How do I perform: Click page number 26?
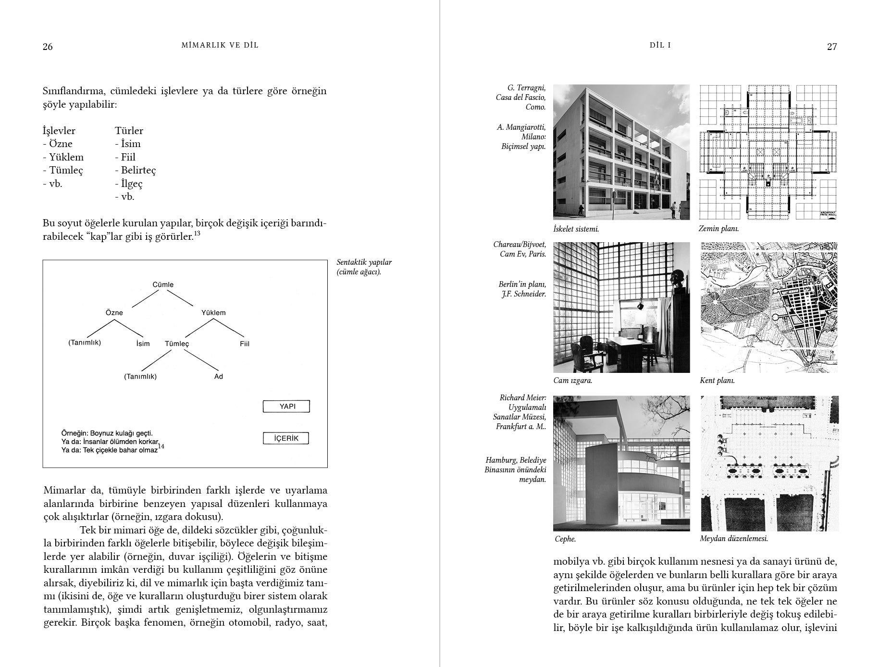click(48, 47)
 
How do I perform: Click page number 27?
click(831, 47)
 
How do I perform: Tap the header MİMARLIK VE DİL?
click(220, 45)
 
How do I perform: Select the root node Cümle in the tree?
click(163, 284)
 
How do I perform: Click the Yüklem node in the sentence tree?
click(213, 312)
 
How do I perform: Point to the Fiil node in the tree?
click(245, 344)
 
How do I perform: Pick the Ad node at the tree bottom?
click(219, 376)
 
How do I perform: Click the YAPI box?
click(286, 407)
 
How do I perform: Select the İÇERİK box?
click(286, 438)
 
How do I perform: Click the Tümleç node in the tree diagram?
click(177, 344)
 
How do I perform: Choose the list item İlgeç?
click(131, 184)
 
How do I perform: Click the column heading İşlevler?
click(59, 131)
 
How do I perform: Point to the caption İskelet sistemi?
click(576, 229)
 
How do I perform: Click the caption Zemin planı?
click(719, 229)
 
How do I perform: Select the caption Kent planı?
click(717, 381)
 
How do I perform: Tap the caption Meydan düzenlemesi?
click(733, 539)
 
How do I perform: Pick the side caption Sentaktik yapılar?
click(364, 262)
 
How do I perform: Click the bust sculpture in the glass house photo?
click(676, 280)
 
